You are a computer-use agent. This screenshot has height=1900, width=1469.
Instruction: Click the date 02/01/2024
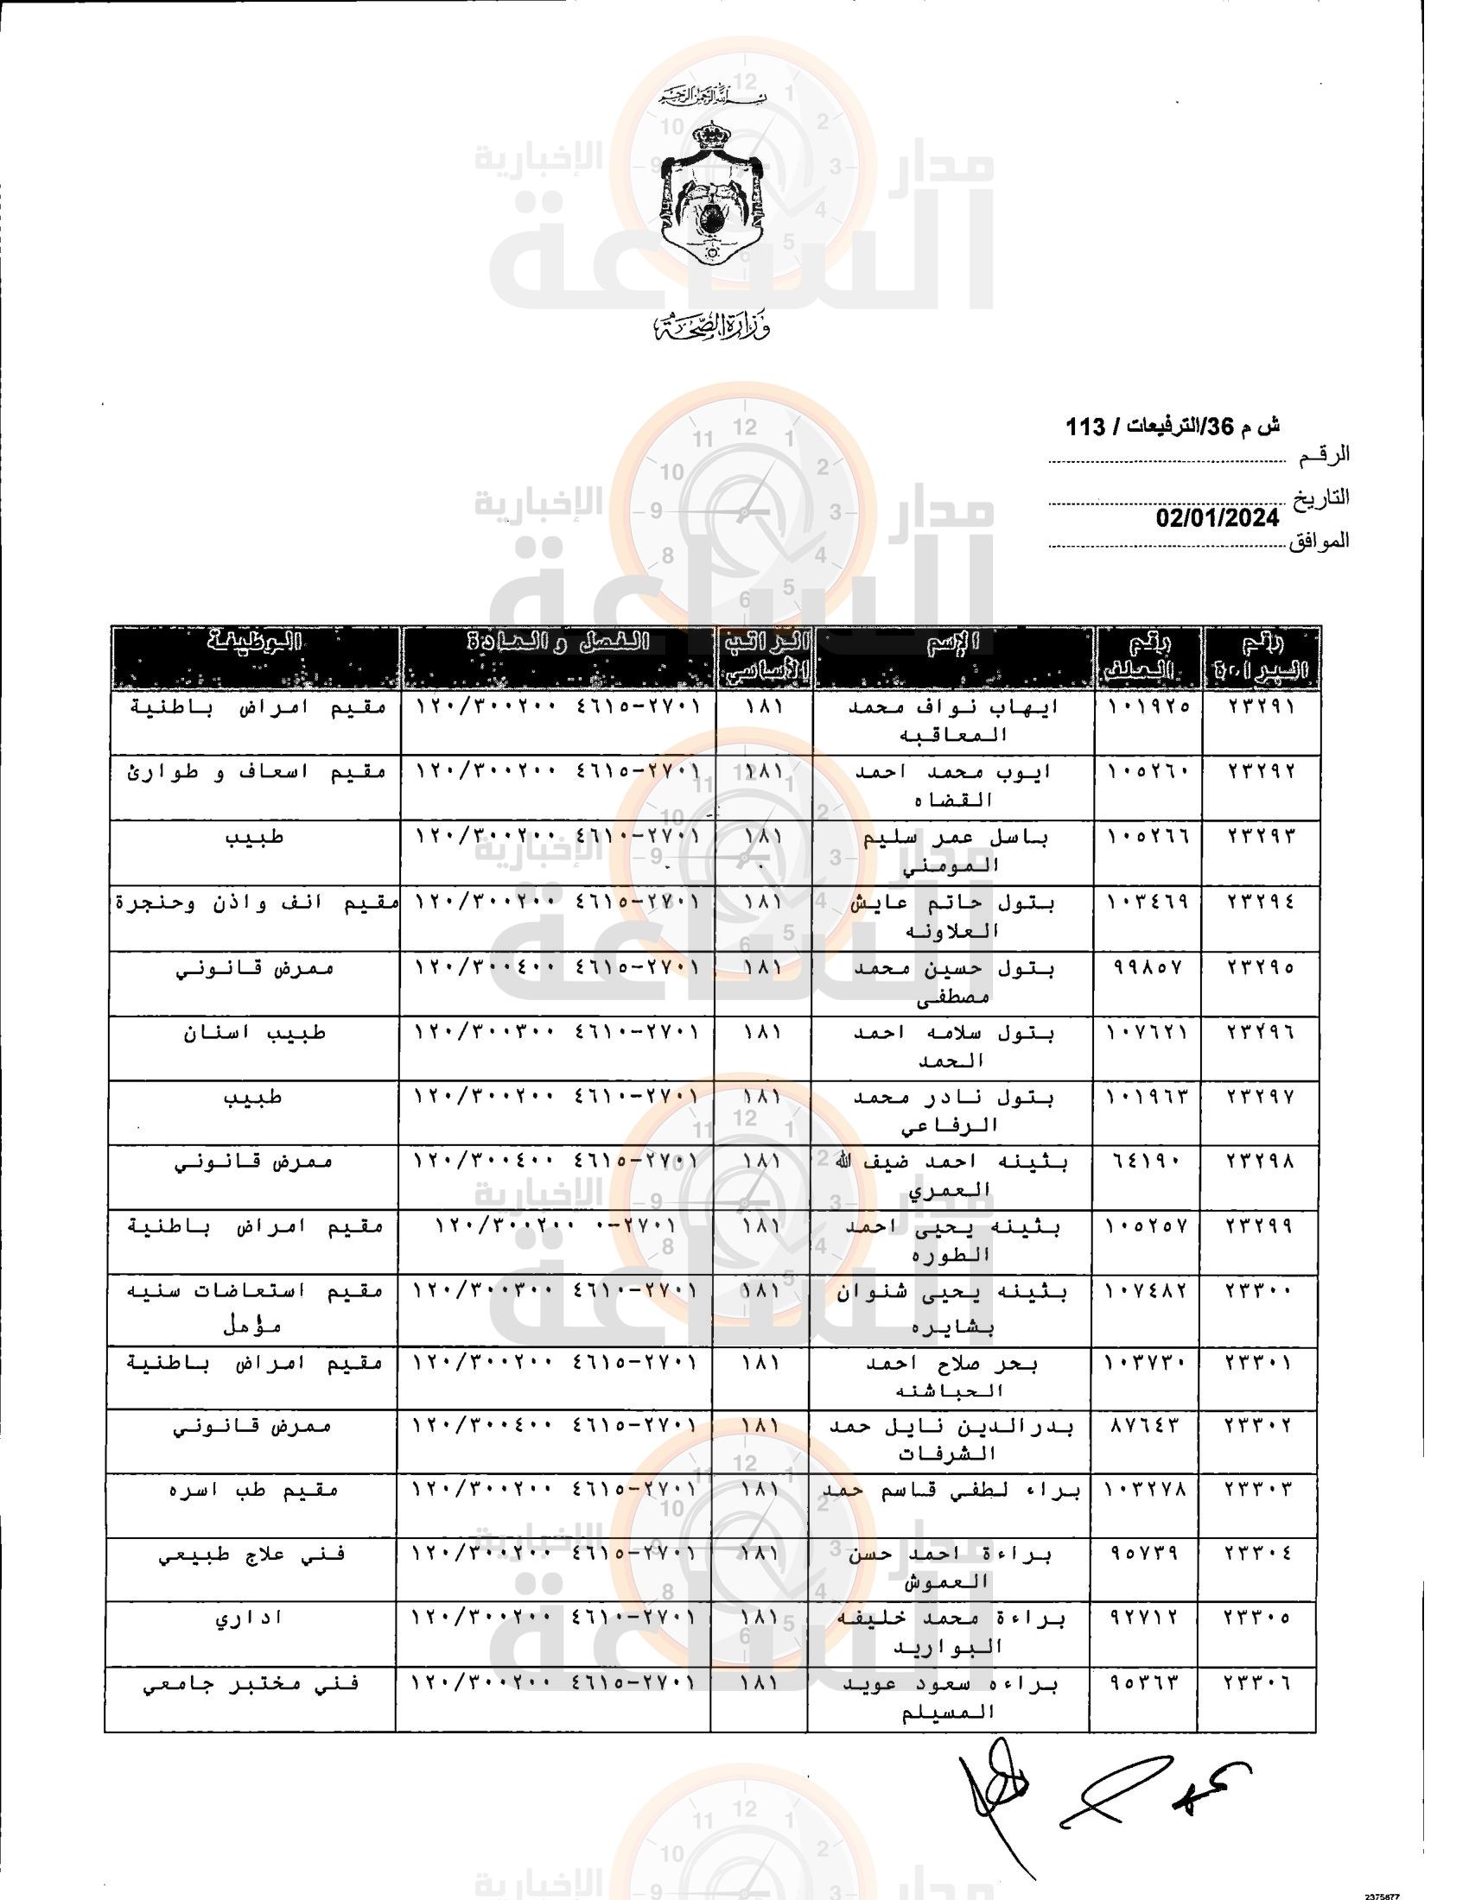[x=1217, y=517]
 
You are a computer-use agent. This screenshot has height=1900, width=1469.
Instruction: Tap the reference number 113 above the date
[x=1085, y=427]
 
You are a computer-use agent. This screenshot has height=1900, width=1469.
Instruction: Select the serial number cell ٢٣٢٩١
[x=1261, y=706]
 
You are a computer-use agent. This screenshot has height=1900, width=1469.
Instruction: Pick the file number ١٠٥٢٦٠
[x=1148, y=770]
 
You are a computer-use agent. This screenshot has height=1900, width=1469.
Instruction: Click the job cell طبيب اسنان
[x=254, y=1033]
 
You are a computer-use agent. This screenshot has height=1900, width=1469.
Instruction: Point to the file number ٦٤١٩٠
[x=1146, y=1162]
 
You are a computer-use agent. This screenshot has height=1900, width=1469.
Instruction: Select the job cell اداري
[x=249, y=1618]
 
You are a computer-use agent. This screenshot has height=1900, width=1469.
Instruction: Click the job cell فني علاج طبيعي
[x=251, y=1554]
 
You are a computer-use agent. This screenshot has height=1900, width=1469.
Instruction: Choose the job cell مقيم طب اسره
[x=252, y=1490]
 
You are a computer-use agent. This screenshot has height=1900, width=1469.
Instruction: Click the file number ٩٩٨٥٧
[x=1148, y=967]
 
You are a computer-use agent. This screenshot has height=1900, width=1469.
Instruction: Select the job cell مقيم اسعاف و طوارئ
[x=256, y=771]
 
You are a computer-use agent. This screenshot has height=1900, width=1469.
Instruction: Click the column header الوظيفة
[x=255, y=643]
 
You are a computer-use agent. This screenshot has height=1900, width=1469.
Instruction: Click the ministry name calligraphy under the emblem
[x=712, y=326]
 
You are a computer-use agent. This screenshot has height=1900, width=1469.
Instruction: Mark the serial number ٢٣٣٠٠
[x=1259, y=1291]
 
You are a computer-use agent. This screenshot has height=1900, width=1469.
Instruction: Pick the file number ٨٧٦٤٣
[x=1144, y=1425]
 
